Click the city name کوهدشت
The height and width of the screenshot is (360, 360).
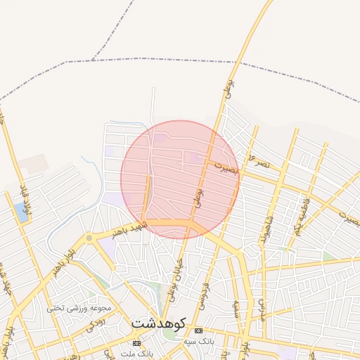tap(158, 323)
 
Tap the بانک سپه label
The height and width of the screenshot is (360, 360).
tap(198, 340)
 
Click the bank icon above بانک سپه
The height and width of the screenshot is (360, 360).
tap(198, 330)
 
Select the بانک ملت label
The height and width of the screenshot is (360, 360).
tap(136, 353)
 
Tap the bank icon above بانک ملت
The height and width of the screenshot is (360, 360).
tap(136, 343)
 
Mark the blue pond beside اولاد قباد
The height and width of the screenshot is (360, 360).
tap(20, 212)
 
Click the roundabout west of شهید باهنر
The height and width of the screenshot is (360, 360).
tap(89, 239)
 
